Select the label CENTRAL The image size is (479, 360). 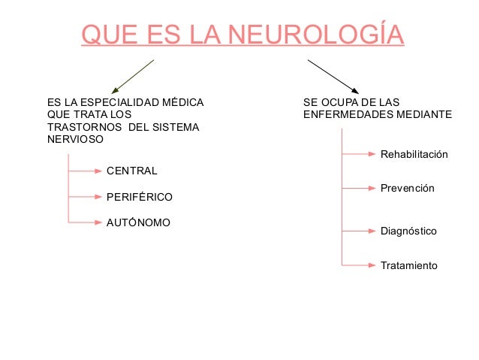click(132, 171)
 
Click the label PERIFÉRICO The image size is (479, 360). click(140, 197)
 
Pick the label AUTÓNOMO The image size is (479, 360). click(139, 222)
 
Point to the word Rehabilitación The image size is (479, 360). click(414, 154)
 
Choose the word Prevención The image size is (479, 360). click(408, 188)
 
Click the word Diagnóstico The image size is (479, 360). click(408, 231)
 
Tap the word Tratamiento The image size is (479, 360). click(409, 265)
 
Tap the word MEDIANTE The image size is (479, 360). click(426, 114)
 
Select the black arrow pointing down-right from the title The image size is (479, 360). click(333, 75)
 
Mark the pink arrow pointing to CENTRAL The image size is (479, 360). click(84, 171)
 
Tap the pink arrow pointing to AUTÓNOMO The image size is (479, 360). click(84, 222)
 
